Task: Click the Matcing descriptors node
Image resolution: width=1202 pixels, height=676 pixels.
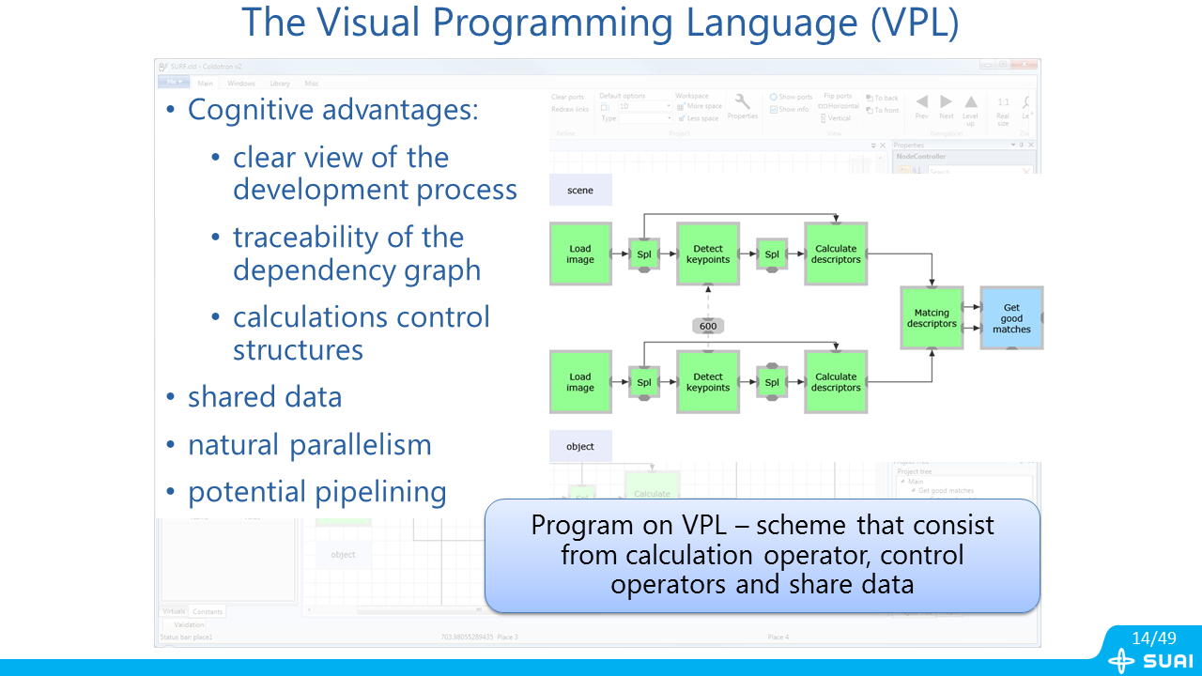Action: tap(932, 318)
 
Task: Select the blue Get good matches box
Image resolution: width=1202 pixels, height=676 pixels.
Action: tap(1010, 318)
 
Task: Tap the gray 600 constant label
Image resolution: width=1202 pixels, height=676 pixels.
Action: tap(708, 326)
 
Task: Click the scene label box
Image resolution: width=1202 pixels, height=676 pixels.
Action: tap(580, 190)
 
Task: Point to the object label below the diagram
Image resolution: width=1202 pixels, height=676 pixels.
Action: tap(580, 446)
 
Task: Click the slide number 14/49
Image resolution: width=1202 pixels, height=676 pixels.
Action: tap(1153, 638)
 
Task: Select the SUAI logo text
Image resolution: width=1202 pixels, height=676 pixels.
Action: tap(1168, 661)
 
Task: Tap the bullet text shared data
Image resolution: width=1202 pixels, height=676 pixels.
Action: tap(265, 397)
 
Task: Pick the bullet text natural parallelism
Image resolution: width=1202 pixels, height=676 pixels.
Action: tap(309, 445)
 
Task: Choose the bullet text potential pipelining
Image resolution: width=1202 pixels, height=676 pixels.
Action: tap(316, 492)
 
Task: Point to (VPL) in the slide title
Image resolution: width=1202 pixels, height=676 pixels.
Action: tap(914, 23)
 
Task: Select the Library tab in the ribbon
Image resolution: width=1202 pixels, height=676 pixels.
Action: tap(280, 84)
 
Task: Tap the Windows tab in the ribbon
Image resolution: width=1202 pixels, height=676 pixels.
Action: tap(241, 84)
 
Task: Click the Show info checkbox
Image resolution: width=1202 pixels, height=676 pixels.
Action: tap(774, 110)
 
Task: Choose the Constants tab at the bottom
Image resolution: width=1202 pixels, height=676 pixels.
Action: tap(208, 611)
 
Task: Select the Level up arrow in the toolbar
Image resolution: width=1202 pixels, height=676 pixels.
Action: tap(971, 102)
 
